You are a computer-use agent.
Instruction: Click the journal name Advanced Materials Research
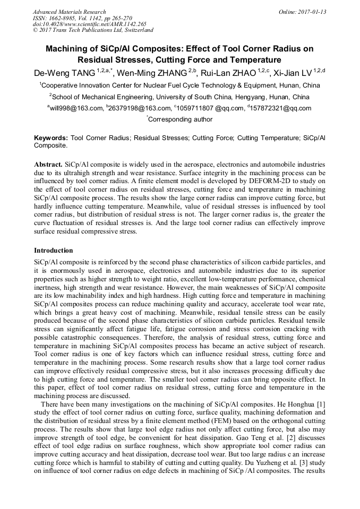(69, 12)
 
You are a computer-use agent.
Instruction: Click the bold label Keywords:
(51, 137)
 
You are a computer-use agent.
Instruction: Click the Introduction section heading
(53, 250)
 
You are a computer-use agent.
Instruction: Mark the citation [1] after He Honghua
(321, 405)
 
